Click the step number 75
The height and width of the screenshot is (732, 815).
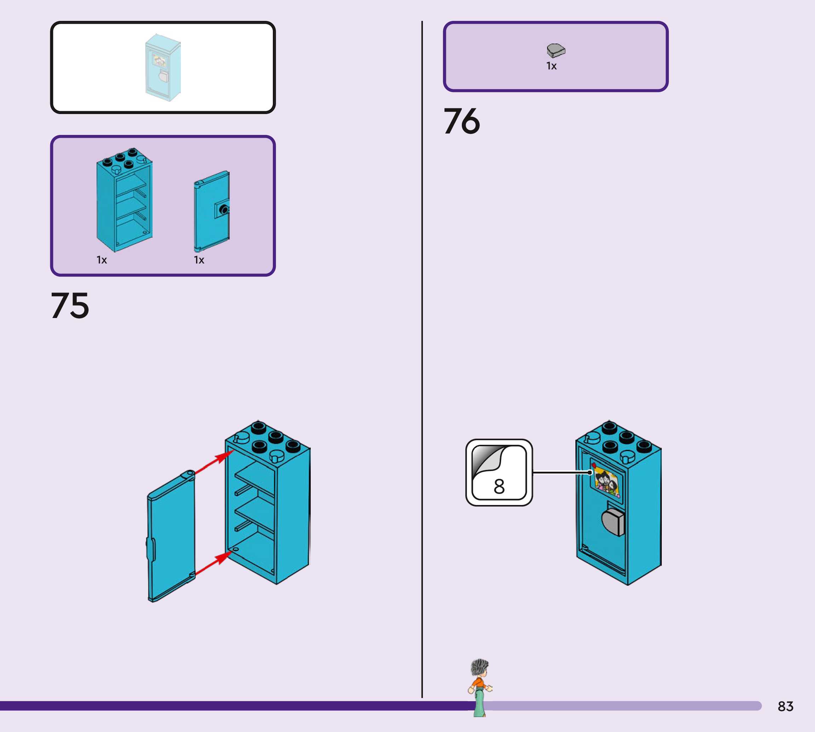tap(70, 306)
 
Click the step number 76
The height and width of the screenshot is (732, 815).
tap(462, 121)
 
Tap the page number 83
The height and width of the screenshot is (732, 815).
tap(785, 706)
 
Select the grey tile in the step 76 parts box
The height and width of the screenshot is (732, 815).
tap(556, 51)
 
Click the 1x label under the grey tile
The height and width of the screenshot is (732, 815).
tap(551, 66)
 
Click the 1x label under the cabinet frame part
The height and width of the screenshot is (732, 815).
tap(102, 260)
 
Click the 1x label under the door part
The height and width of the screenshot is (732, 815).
tap(199, 260)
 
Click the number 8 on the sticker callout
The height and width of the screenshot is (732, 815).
tap(499, 487)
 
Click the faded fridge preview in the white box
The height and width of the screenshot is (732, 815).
tap(163, 68)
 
